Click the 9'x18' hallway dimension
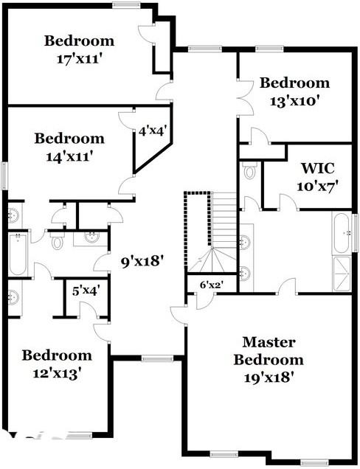pos(142,260)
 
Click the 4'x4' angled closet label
pos(153,131)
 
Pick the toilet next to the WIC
pos(249,173)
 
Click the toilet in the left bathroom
pos(57,240)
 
